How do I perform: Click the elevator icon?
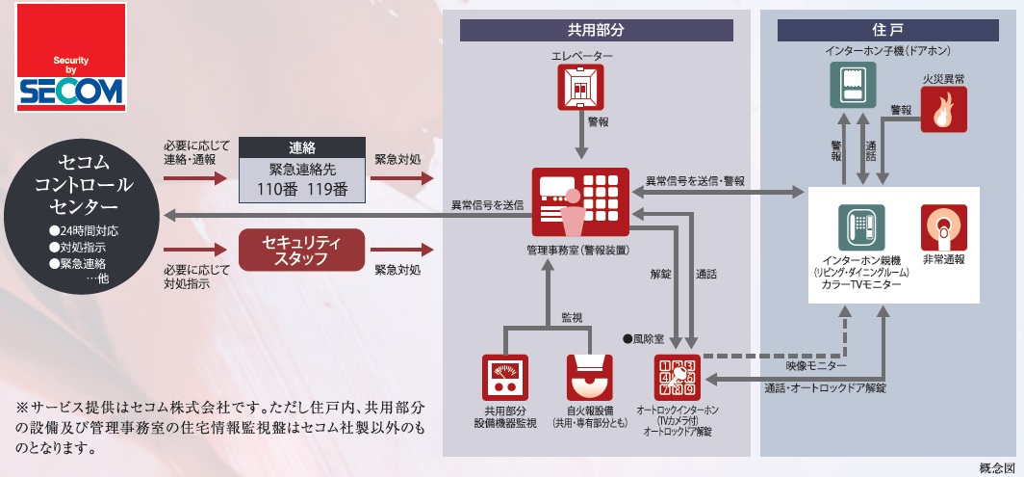[580, 90]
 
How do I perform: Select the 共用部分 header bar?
[597, 30]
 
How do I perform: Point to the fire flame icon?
[943, 109]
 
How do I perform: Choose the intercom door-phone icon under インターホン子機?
[853, 84]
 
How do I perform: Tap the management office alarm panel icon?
[579, 203]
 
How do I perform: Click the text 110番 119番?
[302, 187]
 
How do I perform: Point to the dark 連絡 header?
[302, 148]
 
